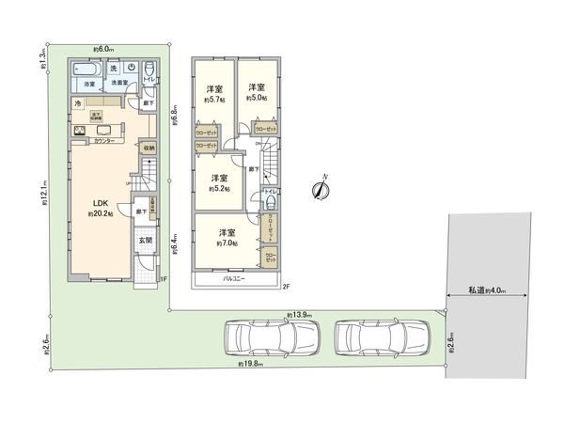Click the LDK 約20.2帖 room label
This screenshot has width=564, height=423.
coord(101,208)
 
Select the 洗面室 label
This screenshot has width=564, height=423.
coord(119,83)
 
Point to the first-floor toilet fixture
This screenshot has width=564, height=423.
coord(149,67)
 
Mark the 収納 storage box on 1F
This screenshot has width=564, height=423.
coord(149,148)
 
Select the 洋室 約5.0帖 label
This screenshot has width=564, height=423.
coord(257,92)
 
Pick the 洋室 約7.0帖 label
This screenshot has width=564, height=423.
coord(227,236)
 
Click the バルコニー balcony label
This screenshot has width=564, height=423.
coord(234,279)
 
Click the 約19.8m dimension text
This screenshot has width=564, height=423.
coord(252,363)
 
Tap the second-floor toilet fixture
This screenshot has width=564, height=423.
coord(270,202)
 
